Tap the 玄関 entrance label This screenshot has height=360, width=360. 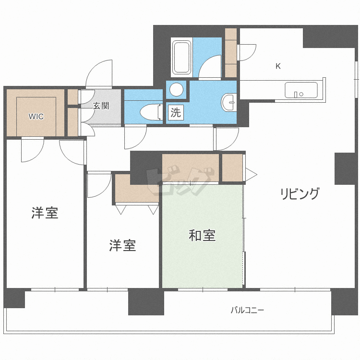101,106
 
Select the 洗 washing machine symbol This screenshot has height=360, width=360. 176,113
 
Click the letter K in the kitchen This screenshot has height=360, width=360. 278,66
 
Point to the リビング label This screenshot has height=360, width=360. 300,194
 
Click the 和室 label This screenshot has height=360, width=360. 202,236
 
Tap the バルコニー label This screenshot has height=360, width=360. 247,310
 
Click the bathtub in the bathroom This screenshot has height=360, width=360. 181,57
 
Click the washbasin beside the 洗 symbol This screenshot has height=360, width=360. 229,102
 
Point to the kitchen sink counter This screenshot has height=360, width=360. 301,90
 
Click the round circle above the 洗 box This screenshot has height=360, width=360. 177,90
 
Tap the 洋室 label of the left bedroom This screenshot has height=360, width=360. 45,213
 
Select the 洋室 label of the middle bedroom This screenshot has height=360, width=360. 122,246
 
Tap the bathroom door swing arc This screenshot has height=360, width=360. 209,67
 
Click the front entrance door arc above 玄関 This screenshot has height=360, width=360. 100,73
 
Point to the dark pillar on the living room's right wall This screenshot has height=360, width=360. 345,168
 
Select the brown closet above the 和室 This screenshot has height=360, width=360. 191,168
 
